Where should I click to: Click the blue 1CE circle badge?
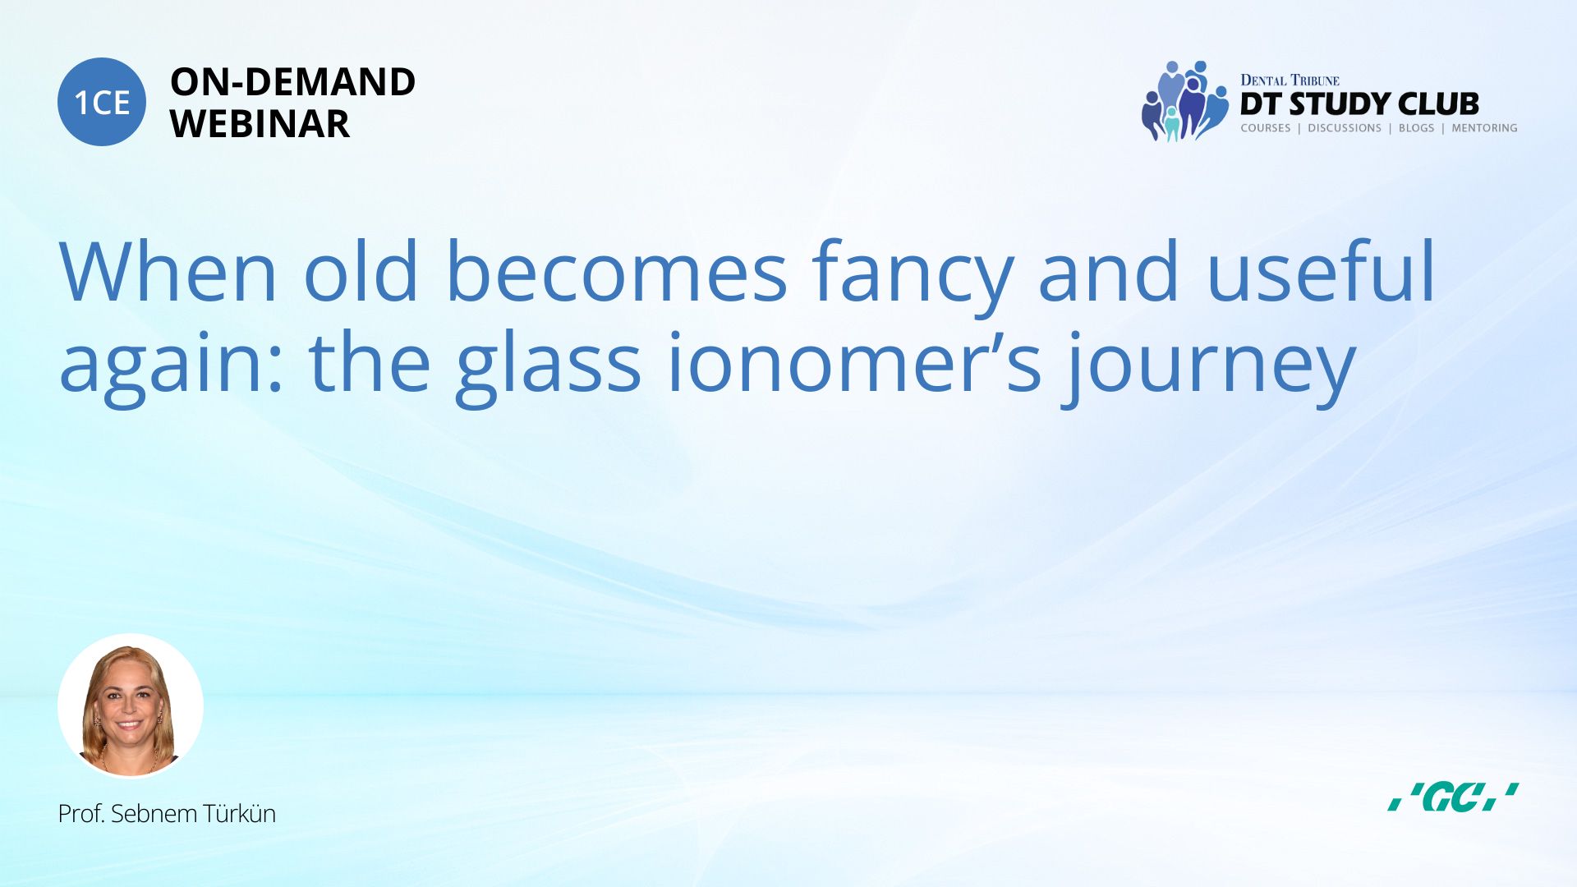[x=102, y=102]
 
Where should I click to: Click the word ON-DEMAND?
[x=292, y=82]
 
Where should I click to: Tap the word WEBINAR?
[x=260, y=124]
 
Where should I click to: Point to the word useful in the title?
[x=1321, y=270]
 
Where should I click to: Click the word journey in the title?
[x=1208, y=367]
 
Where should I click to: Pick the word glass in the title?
[x=548, y=367]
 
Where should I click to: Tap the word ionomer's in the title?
[x=854, y=361]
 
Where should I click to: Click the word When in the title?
[x=168, y=271]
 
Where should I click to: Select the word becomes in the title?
[x=617, y=270]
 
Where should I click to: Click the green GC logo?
[x=1453, y=797]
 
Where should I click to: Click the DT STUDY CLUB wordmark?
[x=1359, y=104]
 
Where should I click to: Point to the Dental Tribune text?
[x=1290, y=80]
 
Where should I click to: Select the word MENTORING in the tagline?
[x=1484, y=128]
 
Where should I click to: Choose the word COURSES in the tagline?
[x=1265, y=128]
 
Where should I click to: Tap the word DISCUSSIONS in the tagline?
[x=1345, y=128]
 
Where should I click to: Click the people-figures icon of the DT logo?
[x=1184, y=101]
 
